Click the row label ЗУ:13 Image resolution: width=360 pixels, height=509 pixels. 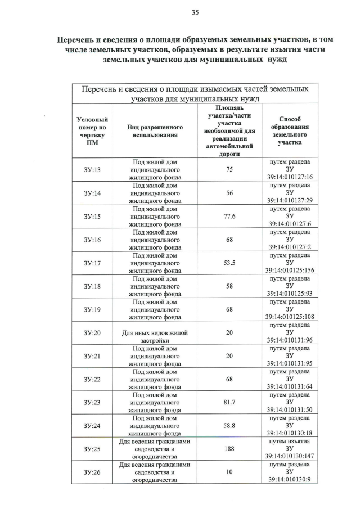(92, 169)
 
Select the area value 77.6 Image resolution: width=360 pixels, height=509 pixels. (229, 216)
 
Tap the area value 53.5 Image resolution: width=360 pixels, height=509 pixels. (229, 263)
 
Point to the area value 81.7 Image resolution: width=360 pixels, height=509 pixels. (229, 403)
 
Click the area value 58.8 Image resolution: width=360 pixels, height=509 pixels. (229, 426)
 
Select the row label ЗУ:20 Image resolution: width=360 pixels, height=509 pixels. (92, 333)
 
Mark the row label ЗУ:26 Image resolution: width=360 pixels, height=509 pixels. (92, 472)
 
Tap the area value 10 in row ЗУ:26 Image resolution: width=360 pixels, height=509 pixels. (229, 472)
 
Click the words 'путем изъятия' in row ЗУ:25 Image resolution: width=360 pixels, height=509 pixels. (290, 442)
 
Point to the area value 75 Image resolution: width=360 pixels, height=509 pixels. (229, 169)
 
